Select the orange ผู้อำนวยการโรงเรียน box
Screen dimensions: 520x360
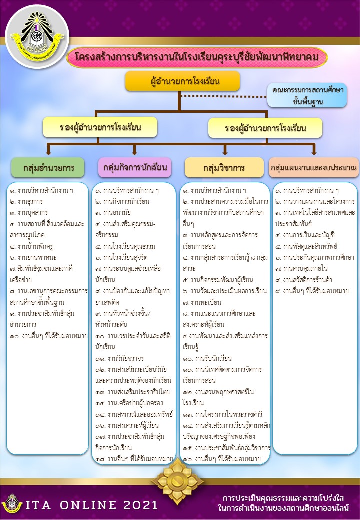click(178, 81)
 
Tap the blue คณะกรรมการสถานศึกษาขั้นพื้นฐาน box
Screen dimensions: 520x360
click(307, 95)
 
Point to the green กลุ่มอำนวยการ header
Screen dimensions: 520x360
click(48, 168)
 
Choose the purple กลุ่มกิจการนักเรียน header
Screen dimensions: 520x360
click(135, 168)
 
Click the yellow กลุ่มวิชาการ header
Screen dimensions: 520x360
click(224, 168)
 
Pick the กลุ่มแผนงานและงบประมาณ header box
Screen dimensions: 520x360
click(314, 168)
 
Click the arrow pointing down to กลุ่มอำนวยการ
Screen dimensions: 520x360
click(48, 148)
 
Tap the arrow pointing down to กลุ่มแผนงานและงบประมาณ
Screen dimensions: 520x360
click(314, 148)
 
